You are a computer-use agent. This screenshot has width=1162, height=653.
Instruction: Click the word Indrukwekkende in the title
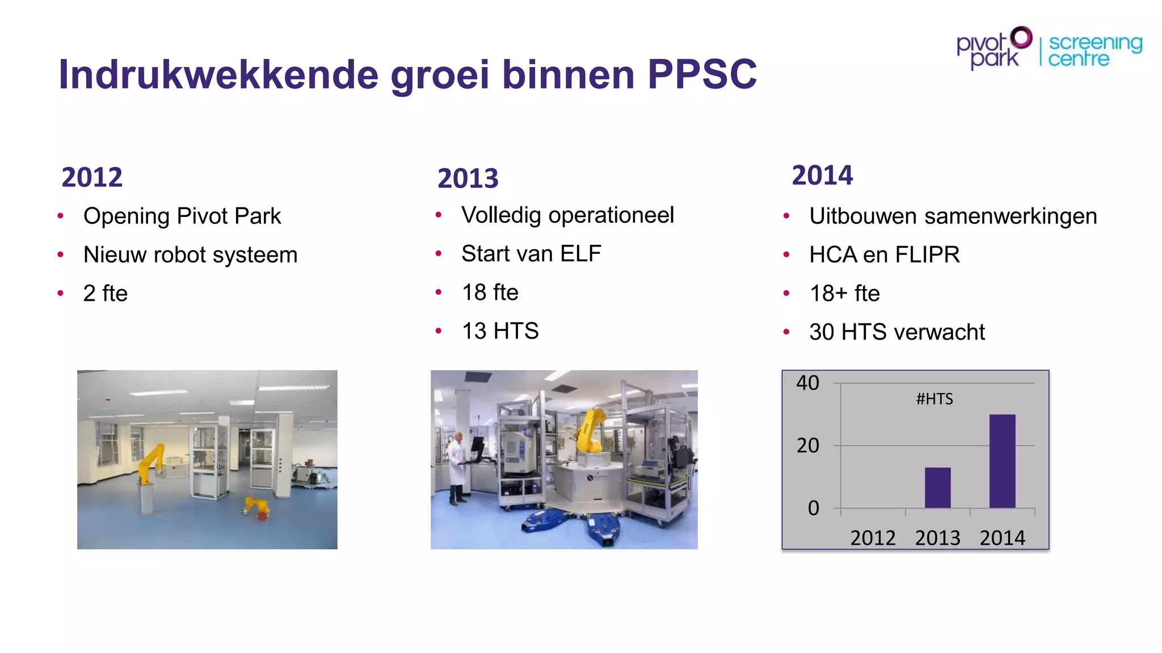click(218, 74)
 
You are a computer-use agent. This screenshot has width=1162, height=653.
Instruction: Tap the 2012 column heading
click(92, 177)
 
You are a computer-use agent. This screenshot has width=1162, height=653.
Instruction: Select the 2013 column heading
click(468, 179)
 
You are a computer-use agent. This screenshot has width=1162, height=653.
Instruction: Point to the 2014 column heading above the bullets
click(822, 175)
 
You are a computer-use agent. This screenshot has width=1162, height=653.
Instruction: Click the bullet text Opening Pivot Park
click(182, 216)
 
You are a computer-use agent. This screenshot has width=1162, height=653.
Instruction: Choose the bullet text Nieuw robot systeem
click(190, 255)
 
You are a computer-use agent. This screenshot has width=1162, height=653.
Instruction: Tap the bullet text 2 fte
click(106, 293)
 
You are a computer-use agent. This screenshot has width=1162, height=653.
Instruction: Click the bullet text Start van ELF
click(531, 253)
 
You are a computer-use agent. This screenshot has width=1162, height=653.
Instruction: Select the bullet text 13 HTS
click(500, 330)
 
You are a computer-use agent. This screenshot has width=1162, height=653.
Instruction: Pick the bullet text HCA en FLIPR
click(885, 255)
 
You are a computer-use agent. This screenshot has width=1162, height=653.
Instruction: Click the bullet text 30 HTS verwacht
click(897, 332)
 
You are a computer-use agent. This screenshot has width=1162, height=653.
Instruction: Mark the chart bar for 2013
click(937, 487)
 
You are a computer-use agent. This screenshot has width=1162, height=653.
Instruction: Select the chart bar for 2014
click(1002, 461)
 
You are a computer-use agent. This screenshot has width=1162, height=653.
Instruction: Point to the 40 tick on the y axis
click(807, 383)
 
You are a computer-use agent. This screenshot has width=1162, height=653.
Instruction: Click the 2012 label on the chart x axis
click(873, 537)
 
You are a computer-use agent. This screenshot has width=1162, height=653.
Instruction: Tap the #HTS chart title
click(934, 399)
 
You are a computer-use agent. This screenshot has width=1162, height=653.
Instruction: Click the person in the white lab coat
click(456, 468)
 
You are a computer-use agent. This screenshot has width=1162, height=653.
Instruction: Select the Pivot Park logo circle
click(1021, 37)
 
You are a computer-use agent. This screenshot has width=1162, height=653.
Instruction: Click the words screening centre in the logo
click(1094, 50)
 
